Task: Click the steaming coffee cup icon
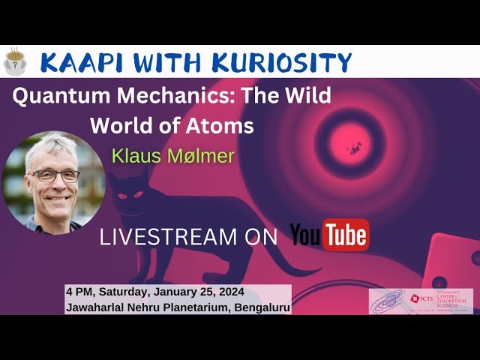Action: click(x=13, y=61)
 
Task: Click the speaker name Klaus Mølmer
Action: click(x=172, y=156)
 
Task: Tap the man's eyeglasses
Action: click(x=53, y=175)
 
